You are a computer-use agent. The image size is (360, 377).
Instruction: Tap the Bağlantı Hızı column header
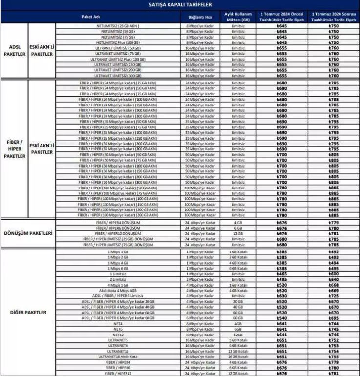200,16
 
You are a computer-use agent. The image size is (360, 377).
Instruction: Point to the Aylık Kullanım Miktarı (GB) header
238,16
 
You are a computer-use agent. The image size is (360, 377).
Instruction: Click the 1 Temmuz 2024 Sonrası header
334,16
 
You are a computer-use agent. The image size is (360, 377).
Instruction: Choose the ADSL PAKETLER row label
14,50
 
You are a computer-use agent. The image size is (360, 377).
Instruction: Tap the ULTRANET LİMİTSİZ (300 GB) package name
119,76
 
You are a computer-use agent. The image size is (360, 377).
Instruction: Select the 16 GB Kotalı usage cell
238,356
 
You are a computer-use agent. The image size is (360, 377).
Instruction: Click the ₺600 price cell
334,274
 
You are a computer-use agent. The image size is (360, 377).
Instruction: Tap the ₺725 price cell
334,296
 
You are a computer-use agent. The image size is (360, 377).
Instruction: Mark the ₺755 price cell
334,356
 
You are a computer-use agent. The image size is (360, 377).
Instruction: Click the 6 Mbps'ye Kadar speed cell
200,318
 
